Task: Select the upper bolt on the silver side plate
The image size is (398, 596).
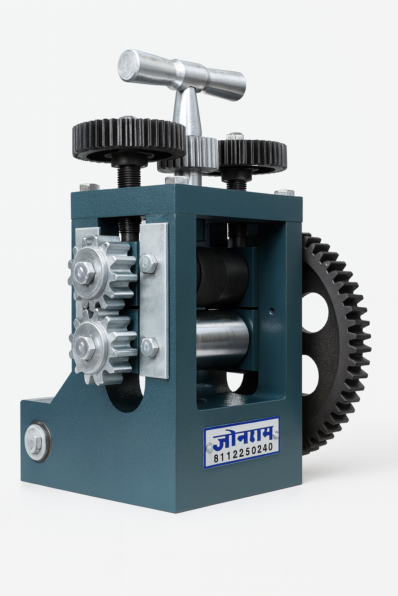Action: (x=148, y=264)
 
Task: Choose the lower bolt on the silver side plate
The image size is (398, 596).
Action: (x=150, y=348)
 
